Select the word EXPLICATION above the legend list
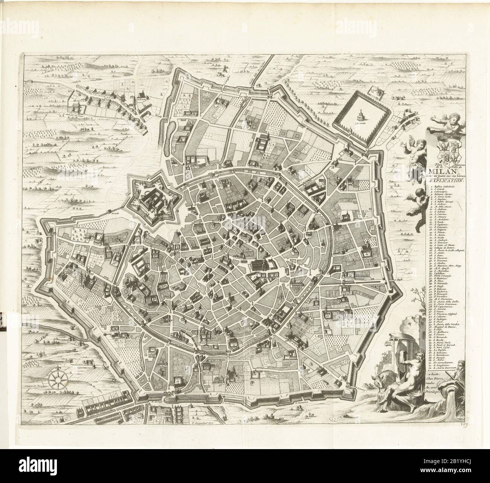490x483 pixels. (446, 180)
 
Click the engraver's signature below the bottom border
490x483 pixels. (203, 422)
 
